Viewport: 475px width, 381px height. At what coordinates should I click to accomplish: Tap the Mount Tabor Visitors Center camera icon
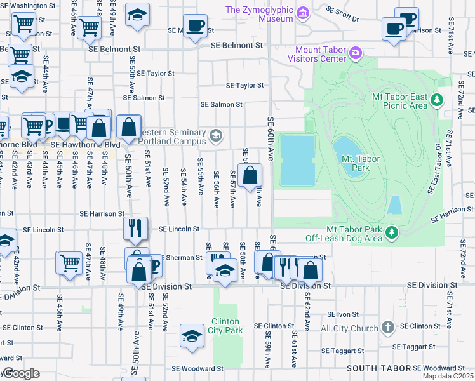(x=356, y=51)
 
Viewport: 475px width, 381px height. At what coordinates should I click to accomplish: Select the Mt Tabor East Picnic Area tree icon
(x=436, y=100)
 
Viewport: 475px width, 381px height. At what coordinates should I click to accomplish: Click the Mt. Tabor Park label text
(x=356, y=163)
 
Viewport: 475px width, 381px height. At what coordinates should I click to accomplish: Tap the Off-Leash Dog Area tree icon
(x=392, y=233)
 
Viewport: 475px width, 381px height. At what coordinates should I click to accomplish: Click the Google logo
(x=20, y=373)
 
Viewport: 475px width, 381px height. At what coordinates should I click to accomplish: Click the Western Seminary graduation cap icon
(x=217, y=135)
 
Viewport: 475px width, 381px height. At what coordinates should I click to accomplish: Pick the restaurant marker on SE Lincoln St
(x=135, y=229)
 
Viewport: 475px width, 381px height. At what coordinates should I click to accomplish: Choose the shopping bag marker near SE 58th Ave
(x=250, y=175)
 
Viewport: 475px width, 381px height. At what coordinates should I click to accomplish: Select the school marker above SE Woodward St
(x=192, y=336)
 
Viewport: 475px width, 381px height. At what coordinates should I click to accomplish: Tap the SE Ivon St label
(x=344, y=314)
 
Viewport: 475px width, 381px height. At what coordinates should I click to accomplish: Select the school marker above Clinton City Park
(x=224, y=271)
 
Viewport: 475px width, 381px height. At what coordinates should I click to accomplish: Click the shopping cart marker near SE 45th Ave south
(x=69, y=262)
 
